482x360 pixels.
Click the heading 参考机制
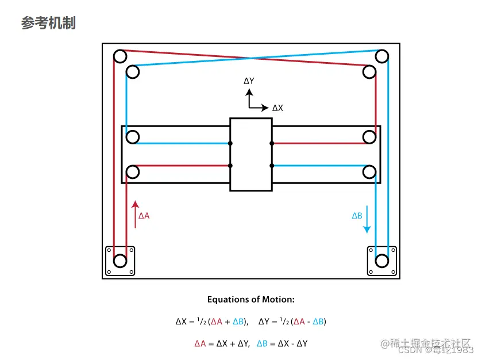[48, 23]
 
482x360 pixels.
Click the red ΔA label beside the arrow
[144, 216]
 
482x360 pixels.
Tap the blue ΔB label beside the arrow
[357, 216]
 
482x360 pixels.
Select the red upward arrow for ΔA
[135, 215]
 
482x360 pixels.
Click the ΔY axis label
[249, 81]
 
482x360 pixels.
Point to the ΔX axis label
[277, 108]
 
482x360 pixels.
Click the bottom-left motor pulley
[120, 261]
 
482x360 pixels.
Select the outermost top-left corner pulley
[120, 56]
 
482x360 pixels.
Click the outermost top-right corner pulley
[382, 56]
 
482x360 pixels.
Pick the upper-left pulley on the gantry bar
[133, 137]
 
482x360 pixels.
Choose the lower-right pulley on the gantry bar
[369, 171]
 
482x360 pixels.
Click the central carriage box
[250, 154]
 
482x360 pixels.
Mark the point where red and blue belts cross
[250, 58]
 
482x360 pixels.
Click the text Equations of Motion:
[250, 300]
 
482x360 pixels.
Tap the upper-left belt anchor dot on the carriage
[230, 143]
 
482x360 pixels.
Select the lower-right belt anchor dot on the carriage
[271, 166]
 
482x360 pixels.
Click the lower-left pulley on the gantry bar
[133, 171]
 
